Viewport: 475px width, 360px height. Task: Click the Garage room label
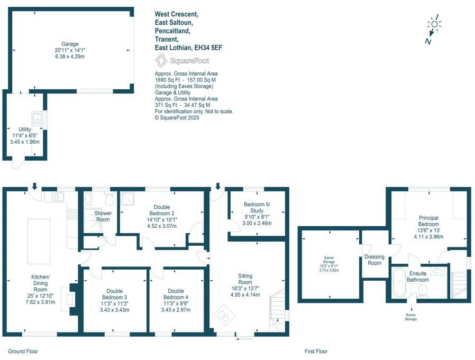pos(70,44)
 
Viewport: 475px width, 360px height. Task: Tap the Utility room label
pos(25,130)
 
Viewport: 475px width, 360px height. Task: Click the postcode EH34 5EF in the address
pos(208,48)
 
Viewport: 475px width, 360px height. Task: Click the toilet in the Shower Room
pos(109,199)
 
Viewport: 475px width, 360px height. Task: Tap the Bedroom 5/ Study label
pos(257,208)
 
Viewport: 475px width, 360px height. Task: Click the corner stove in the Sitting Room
pos(227,317)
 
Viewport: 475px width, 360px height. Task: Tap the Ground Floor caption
pos(23,351)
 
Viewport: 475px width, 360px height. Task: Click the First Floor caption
pos(316,351)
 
